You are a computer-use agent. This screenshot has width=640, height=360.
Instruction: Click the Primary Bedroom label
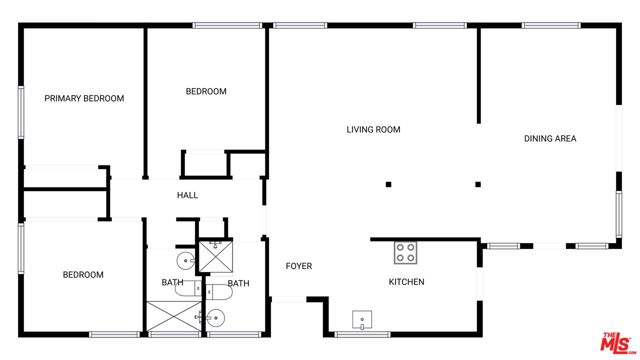84,98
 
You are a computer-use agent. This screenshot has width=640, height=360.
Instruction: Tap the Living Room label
374,129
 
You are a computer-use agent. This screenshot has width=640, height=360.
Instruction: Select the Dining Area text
550,138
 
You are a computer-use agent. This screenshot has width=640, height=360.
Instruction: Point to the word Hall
187,195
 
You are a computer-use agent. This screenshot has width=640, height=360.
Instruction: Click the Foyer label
299,266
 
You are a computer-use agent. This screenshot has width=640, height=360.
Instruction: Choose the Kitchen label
406,282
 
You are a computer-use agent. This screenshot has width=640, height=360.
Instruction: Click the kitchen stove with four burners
405,251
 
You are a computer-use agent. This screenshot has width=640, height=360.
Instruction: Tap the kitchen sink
361,321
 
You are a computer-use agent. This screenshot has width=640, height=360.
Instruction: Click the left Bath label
172,283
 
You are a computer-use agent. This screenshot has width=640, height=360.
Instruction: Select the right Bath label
238,283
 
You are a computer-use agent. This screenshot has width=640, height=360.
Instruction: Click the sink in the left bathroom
184,261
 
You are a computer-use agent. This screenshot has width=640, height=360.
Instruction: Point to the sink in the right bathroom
216,318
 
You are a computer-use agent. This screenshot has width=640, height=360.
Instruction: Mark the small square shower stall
215,256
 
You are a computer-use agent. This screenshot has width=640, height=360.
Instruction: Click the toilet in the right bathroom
214,293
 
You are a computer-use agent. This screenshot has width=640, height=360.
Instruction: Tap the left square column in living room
389,184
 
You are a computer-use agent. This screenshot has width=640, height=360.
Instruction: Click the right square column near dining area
478,184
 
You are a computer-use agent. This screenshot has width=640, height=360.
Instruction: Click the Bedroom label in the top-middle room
206,91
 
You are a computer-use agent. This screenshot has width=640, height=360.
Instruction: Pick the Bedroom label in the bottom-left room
83,275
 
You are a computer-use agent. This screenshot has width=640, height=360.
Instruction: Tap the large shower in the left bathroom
174,316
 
